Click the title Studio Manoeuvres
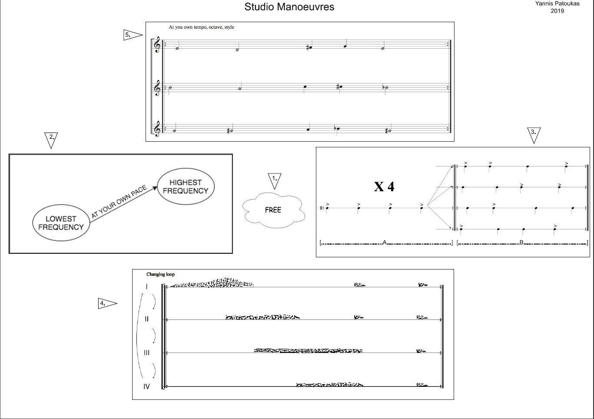click(289, 7)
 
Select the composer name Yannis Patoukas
click(557, 3)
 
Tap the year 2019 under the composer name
click(557, 11)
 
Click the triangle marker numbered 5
click(132, 35)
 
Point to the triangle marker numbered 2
click(51, 139)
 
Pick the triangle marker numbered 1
click(275, 180)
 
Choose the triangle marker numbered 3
click(534, 134)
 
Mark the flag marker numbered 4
click(106, 304)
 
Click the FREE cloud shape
click(273, 210)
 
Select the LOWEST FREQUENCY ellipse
click(61, 223)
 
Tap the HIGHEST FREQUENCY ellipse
click(186, 186)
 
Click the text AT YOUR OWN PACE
click(119, 202)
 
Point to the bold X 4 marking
click(384, 186)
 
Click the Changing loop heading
click(160, 274)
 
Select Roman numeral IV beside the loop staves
click(146, 386)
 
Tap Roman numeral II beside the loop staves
click(146, 319)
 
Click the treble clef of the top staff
click(157, 45)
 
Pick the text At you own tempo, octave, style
click(201, 27)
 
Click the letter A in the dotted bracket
click(385, 243)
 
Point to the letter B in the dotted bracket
click(521, 243)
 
